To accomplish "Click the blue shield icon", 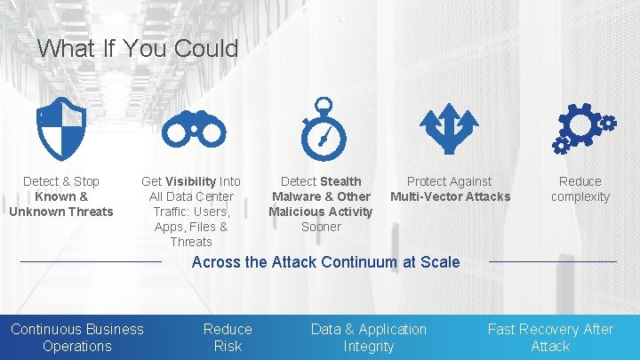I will coord(61,130).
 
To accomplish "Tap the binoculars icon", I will coord(193,132).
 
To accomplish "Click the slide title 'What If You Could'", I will coord(138,48).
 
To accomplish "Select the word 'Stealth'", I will coord(340,181).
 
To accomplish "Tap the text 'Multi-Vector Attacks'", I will coord(450,196).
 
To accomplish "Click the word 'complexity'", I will coord(580,196).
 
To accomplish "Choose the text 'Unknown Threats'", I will coord(61,212).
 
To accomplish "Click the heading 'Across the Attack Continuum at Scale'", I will coord(325,261).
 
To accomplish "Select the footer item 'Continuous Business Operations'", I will coord(77,337).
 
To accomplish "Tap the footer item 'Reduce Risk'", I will coord(228,337).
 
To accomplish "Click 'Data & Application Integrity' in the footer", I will coord(368,337).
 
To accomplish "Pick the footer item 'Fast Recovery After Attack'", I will coord(550,337).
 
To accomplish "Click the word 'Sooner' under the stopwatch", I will coord(321,227).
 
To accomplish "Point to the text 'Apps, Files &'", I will coord(191,227).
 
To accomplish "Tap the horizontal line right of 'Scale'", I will coord(552,262).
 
